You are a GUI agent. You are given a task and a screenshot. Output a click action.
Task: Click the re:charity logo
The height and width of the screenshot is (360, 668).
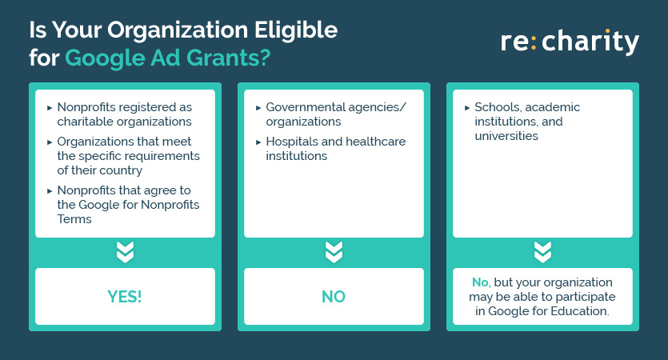click(570, 42)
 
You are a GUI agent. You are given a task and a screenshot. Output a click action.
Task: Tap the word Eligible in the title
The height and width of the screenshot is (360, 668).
click(296, 30)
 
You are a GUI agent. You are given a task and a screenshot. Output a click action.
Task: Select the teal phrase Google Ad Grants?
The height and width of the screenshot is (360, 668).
click(167, 58)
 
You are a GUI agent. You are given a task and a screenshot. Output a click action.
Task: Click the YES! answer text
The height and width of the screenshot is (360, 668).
click(124, 297)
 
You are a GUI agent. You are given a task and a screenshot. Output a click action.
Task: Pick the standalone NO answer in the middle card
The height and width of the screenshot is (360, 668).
click(334, 297)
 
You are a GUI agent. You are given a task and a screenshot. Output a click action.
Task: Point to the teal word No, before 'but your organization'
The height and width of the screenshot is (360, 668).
click(481, 282)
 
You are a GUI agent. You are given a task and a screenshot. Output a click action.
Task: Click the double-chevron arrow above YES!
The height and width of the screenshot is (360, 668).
click(125, 252)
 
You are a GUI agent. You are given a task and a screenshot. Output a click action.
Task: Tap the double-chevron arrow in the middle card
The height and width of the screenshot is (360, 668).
click(334, 252)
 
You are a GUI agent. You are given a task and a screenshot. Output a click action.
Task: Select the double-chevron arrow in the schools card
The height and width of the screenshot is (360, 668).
click(542, 252)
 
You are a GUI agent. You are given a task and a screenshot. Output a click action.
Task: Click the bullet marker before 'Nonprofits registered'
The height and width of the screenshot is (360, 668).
click(50, 108)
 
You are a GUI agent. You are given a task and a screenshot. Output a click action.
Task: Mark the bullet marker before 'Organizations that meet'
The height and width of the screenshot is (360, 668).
click(50, 142)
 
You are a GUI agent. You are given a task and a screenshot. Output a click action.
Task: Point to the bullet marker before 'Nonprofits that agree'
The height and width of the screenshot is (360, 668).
click(50, 191)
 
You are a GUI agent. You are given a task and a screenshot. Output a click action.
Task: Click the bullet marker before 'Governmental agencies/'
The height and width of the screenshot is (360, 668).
click(258, 108)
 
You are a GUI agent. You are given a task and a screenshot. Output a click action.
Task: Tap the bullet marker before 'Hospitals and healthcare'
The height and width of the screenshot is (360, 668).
click(258, 142)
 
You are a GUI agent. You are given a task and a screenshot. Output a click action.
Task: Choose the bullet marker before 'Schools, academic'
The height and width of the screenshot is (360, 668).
click(467, 108)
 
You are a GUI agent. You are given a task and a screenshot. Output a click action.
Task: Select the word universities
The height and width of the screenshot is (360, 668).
click(506, 136)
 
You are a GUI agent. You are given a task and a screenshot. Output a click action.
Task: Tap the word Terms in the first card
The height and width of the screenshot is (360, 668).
click(74, 219)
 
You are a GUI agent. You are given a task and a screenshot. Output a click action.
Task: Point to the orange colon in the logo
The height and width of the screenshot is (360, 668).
click(534, 42)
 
